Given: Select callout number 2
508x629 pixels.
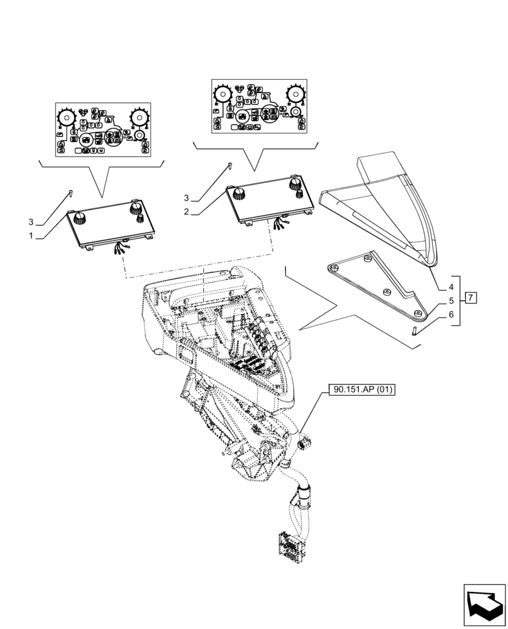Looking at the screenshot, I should click(187, 213).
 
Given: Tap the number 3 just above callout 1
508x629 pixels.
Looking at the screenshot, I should click(31, 222).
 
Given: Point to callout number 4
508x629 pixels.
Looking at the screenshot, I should click(451, 287).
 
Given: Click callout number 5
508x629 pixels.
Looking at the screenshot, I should click(451, 301).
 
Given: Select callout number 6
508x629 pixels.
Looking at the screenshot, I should click(451, 314).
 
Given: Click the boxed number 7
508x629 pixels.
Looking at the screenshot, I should click(472, 298).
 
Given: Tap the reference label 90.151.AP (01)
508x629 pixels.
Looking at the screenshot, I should click(361, 390).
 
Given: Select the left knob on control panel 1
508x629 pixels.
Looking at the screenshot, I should click(79, 218).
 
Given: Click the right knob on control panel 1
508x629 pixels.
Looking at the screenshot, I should click(135, 209).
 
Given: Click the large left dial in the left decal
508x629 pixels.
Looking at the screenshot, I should click(67, 118).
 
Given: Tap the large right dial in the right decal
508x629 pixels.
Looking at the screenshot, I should click(295, 95).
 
